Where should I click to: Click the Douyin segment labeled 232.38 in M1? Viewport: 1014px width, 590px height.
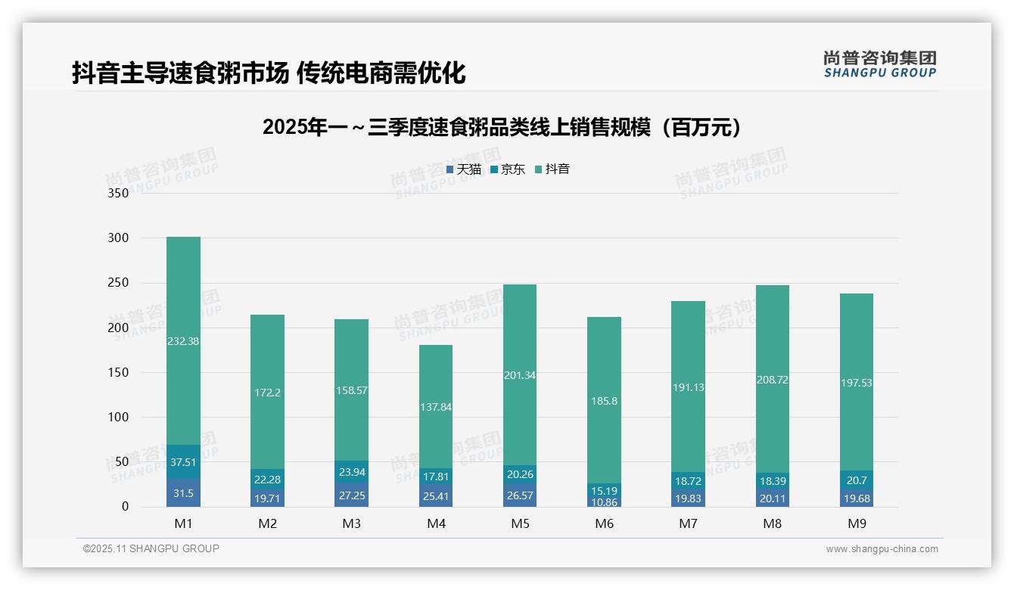[183, 340]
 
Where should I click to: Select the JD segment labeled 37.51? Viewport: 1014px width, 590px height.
[183, 462]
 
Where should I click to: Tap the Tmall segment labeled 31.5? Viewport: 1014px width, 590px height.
[183, 492]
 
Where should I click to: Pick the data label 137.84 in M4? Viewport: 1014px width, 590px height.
[436, 407]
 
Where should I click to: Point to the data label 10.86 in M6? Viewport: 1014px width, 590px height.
[605, 501]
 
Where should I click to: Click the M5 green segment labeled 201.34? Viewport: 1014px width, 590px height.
[520, 375]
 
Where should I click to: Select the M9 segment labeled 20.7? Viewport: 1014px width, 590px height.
[857, 480]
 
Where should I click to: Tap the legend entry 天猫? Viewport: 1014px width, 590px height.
[464, 169]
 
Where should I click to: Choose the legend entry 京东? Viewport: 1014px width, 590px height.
[508, 169]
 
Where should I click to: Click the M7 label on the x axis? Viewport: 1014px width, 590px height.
[689, 523]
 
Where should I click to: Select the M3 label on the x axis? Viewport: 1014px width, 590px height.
[352, 523]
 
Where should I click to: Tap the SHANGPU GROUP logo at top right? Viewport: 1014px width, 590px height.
[879, 64]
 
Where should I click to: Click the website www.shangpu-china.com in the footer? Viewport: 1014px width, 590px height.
[882, 549]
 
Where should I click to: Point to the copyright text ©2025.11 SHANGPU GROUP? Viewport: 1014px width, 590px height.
[151, 549]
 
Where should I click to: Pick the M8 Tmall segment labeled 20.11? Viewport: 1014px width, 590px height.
[773, 498]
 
